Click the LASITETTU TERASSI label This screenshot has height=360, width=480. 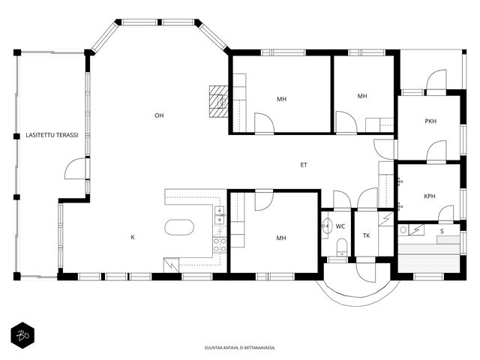click(x=52, y=135)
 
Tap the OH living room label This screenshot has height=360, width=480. click(x=159, y=115)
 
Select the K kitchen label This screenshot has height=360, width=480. click(x=133, y=237)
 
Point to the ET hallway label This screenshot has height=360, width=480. click(x=303, y=165)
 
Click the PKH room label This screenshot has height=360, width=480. click(x=430, y=121)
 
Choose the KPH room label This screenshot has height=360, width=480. click(x=430, y=196)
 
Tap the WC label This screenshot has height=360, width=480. click(x=340, y=226)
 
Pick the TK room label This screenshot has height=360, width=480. click(x=367, y=235)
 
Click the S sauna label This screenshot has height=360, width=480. click(x=442, y=232)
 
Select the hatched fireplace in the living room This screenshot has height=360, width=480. click(x=218, y=102)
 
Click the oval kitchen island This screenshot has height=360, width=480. click(x=179, y=227)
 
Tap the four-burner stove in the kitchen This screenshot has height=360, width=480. click(x=220, y=245)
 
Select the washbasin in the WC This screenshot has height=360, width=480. click(x=326, y=226)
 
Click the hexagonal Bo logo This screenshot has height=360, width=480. click(x=22, y=335)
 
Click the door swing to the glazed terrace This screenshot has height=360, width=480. click(x=75, y=168)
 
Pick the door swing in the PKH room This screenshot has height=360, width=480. click(x=436, y=151)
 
